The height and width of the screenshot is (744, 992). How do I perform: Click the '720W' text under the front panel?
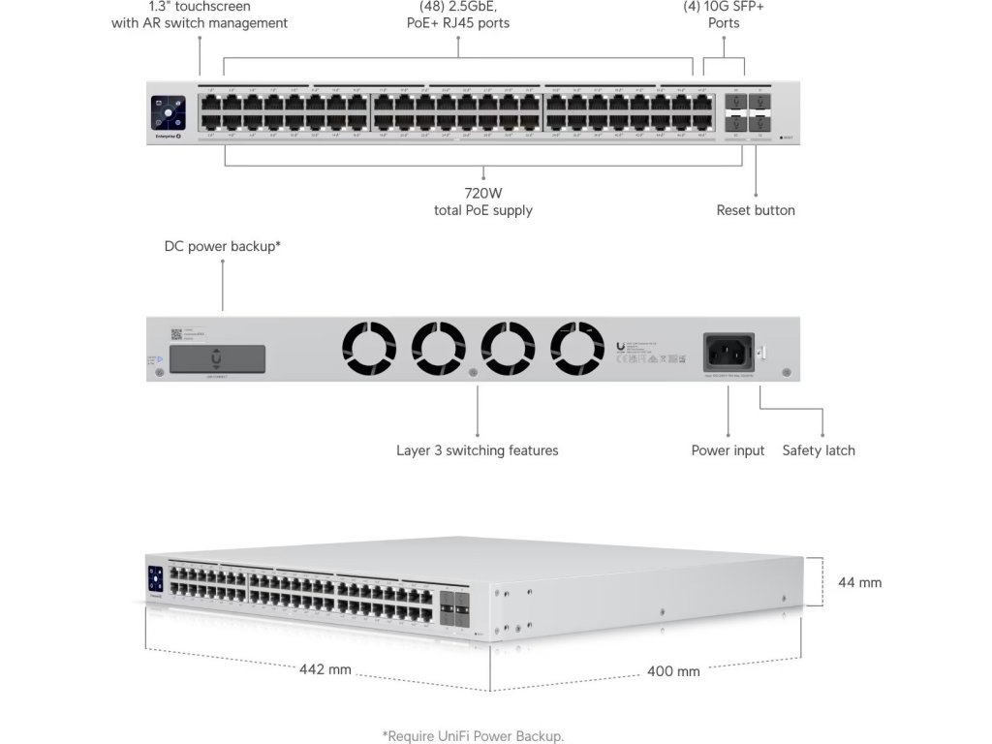point(483,193)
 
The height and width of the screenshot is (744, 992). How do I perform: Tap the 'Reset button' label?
point(756,210)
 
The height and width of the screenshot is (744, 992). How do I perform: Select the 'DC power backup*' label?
point(223,247)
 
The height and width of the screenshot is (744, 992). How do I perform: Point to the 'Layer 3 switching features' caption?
point(478,450)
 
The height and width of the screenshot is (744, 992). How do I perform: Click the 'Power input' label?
point(728,450)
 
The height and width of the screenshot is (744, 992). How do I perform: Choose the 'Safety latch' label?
point(819,450)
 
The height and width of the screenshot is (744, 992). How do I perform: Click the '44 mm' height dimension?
point(859,582)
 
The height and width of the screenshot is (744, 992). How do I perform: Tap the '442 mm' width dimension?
point(325,669)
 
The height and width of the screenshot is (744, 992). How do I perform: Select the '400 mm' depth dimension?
point(674,671)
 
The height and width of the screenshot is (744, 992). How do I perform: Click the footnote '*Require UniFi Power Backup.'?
point(473,736)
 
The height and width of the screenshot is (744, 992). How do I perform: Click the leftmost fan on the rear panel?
point(369,350)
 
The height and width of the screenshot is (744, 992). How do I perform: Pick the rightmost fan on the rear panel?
point(577,350)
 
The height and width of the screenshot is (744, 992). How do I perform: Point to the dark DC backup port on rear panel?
point(214,357)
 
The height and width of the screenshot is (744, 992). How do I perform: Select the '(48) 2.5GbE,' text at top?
point(458,7)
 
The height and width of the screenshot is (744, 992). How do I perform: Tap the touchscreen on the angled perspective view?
point(155,578)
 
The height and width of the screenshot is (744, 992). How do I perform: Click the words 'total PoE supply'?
point(483,210)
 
